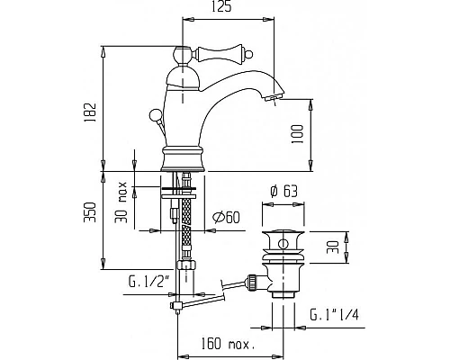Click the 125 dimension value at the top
221,6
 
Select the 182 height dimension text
90,112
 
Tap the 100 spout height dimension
298,134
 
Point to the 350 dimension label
90,212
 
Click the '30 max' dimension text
121,202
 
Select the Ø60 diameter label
227,217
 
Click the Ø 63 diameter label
283,192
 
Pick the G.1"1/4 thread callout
334,315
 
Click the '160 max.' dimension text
228,344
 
